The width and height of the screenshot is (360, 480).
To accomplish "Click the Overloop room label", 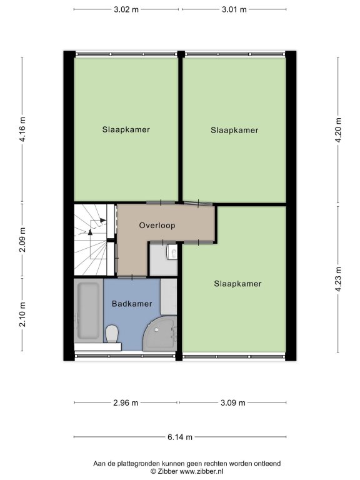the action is (x=157, y=226).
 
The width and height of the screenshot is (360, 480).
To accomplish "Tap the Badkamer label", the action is (x=132, y=304).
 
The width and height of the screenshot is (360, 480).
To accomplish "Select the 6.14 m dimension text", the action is (x=180, y=437).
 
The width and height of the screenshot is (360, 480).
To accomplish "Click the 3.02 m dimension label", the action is (x=126, y=9).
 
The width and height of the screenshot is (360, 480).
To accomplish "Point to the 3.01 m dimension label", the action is (x=234, y=9).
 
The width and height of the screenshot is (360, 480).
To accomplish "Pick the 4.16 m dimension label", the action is (x=22, y=129).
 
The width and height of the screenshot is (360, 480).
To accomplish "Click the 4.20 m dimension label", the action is (x=338, y=130).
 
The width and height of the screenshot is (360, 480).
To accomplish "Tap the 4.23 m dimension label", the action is (x=338, y=279).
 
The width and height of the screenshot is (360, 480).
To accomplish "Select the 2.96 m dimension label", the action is (x=126, y=402).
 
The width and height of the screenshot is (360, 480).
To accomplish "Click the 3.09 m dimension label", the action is (x=233, y=402).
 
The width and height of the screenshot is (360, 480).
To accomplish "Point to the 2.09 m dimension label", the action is (x=22, y=240).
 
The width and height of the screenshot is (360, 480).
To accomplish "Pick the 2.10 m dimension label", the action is (x=22, y=314).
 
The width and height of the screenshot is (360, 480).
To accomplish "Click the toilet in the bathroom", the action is (x=112, y=334).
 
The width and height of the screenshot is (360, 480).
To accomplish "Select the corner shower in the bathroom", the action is (x=160, y=334).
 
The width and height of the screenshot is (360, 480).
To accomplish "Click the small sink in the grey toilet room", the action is (x=172, y=252).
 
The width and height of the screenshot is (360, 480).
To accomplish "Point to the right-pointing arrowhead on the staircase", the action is (x=103, y=220).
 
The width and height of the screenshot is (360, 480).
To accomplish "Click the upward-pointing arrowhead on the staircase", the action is (x=90, y=232).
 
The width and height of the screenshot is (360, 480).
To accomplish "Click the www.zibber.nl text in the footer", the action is (x=201, y=471).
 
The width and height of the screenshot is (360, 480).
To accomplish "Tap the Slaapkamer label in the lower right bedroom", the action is (x=238, y=284).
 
